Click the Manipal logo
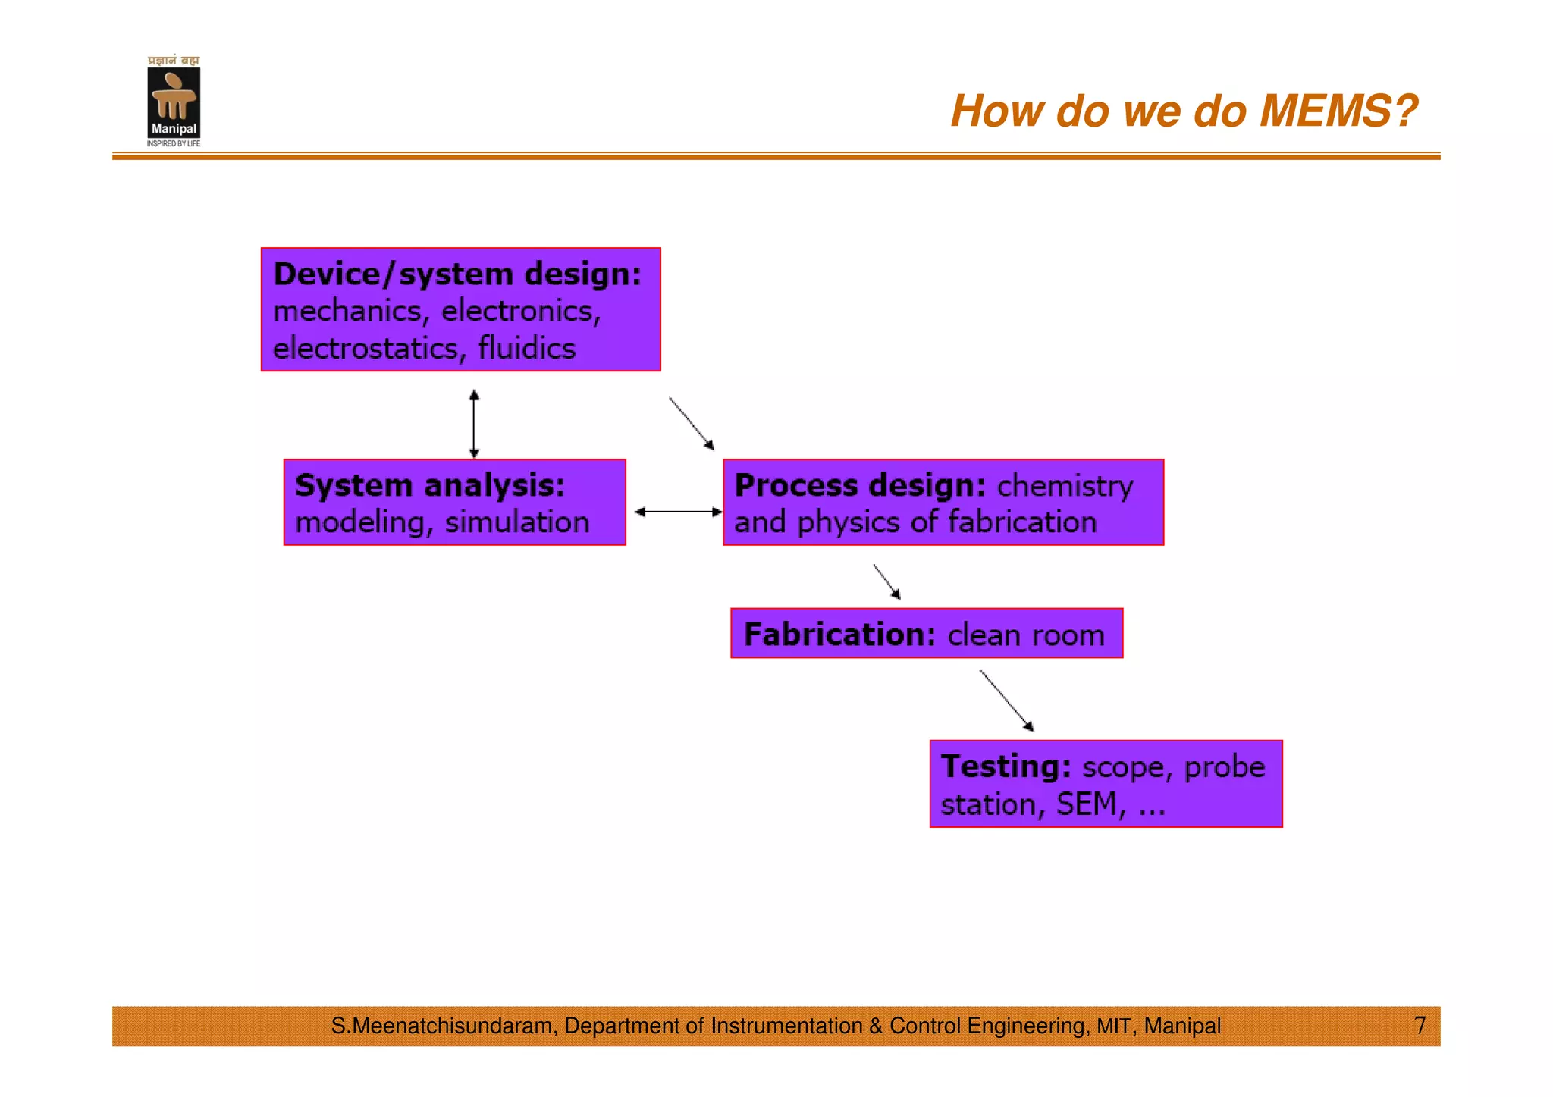174,102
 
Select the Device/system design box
460,309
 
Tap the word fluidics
526,349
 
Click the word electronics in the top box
520,311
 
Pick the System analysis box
454,502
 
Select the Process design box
943,502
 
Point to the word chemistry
1065,485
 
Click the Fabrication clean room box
926,633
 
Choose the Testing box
1105,784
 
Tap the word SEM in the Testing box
1086,804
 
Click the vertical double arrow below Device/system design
474,424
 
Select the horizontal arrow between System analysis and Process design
678,512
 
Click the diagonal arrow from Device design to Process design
692,423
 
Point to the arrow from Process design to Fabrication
886,581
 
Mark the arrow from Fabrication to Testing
1006,700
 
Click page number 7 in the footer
1420,1026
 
